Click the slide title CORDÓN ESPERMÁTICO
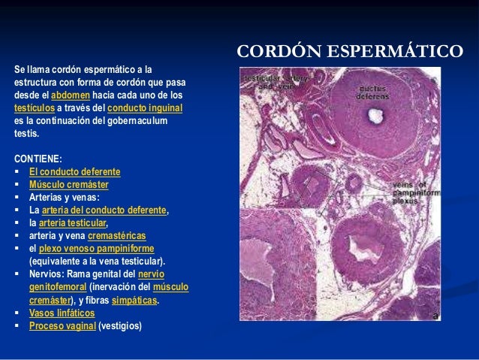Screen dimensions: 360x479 coord(349,52)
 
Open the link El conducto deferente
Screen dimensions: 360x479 coord(74,171)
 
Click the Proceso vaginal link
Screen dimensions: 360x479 coord(62,326)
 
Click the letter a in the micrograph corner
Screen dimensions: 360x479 coord(434,315)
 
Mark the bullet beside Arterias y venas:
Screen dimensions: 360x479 coord(17,198)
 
